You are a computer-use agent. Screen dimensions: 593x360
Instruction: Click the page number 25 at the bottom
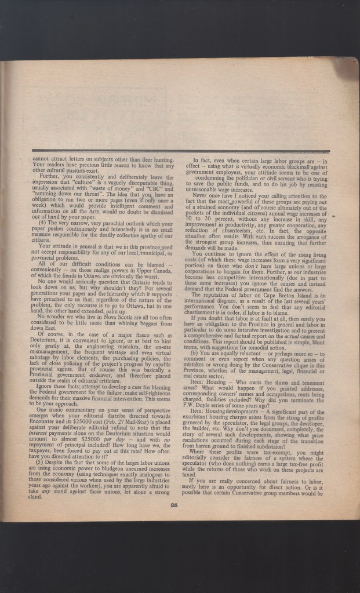(x=174, y=505)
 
